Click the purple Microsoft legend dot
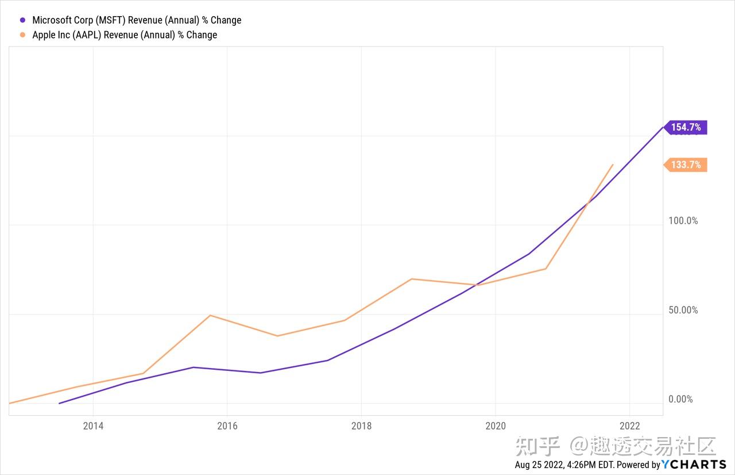point(23,20)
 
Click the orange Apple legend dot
point(23,35)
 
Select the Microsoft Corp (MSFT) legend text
point(137,20)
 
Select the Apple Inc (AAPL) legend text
point(125,35)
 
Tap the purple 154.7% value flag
point(686,127)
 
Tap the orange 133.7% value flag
point(686,165)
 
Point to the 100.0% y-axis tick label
point(683,221)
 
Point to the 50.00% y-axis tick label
point(683,310)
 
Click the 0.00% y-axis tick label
point(680,399)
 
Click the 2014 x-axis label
point(93,426)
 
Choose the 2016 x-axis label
point(227,426)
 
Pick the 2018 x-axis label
point(361,426)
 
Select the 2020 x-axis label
point(496,426)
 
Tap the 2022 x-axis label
point(630,426)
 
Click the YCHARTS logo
point(694,465)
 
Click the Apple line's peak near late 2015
point(211,315)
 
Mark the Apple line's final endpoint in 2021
point(613,164)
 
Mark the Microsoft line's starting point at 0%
point(59,403)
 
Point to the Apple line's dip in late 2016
point(278,336)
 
